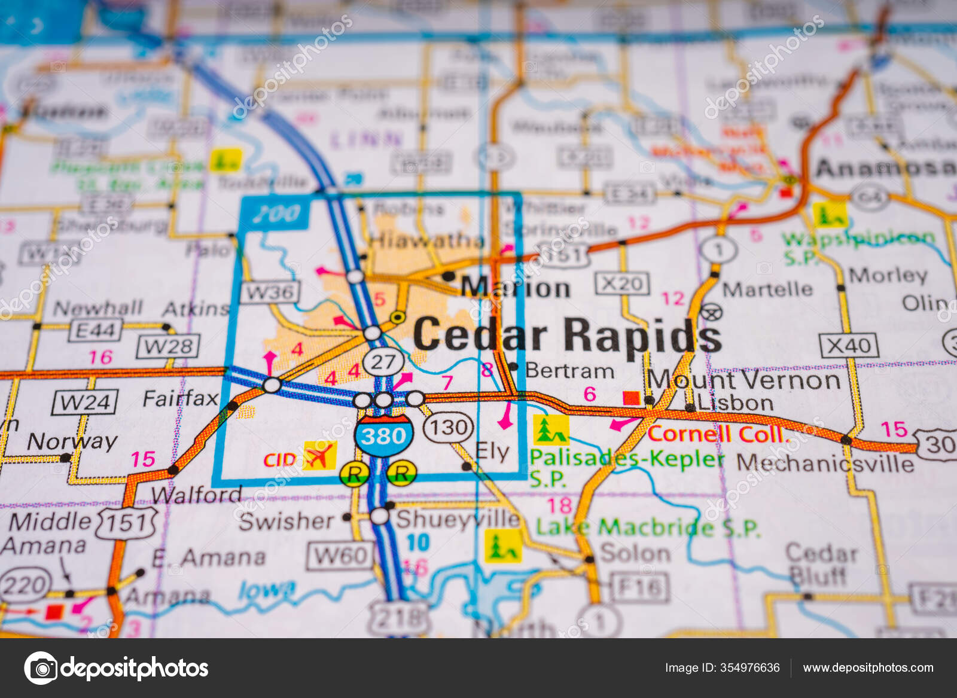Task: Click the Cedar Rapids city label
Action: coord(567,335)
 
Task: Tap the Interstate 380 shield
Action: coord(383,437)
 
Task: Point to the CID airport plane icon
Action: coord(319,456)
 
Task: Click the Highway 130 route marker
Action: coord(448,427)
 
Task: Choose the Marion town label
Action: coord(516,288)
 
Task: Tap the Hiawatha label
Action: coord(426,240)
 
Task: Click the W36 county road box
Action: coord(270,292)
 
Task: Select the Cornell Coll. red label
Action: coord(716,434)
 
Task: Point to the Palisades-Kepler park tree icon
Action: coord(550,429)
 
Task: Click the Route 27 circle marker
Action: coord(383,361)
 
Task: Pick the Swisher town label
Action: coord(286,521)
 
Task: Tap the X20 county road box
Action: coord(622,283)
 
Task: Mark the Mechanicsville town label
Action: coord(825,463)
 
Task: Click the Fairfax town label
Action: coord(180,398)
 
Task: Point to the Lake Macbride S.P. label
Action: coord(648,527)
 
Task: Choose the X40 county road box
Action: coord(849,346)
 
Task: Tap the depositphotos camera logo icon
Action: coord(41,667)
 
